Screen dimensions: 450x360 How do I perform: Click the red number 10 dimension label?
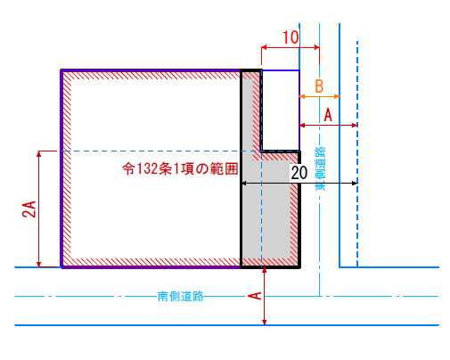click(x=290, y=37)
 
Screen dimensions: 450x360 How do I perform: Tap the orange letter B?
click(x=319, y=86)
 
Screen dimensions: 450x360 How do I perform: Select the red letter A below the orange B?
click(x=328, y=115)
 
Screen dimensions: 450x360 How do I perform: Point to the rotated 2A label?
click(x=29, y=209)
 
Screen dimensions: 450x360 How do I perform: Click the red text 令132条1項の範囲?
click(x=180, y=168)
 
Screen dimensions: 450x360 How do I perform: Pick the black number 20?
click(x=299, y=173)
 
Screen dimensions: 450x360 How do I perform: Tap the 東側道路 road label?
click(x=321, y=168)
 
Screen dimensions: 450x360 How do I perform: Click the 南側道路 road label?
click(x=180, y=296)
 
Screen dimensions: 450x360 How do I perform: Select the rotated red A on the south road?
click(x=255, y=296)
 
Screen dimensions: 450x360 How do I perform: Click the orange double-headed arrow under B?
click(x=319, y=96)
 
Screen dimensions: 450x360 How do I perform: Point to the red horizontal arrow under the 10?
click(x=290, y=47)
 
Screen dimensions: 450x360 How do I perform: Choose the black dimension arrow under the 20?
click(x=299, y=184)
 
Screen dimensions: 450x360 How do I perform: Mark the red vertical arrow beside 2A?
click(x=38, y=209)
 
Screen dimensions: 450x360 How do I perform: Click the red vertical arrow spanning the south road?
click(x=264, y=296)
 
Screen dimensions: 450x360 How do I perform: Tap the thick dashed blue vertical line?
click(x=357, y=154)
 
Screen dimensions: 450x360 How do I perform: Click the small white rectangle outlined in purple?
click(x=281, y=110)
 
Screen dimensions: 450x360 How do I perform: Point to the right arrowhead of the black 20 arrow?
click(x=355, y=184)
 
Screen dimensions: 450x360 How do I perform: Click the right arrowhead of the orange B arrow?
click(x=337, y=96)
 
